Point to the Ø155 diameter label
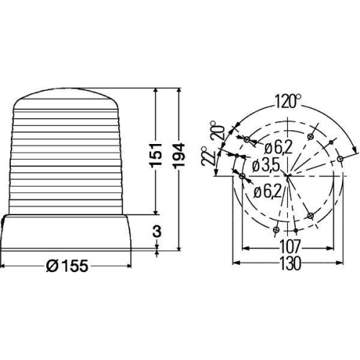(x=66, y=266)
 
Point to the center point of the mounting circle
(x=287, y=175)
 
